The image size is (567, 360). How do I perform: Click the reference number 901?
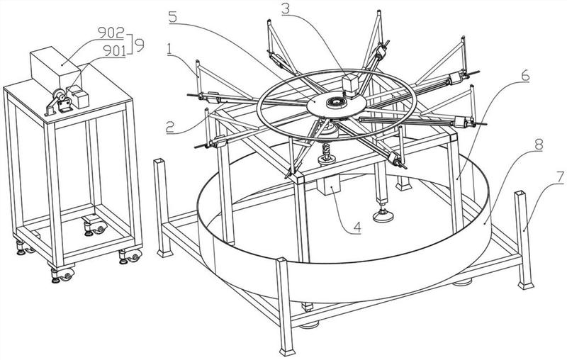[x=114, y=50]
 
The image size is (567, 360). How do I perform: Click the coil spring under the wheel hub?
[x=327, y=150]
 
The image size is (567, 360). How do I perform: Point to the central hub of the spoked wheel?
[x=333, y=103]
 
